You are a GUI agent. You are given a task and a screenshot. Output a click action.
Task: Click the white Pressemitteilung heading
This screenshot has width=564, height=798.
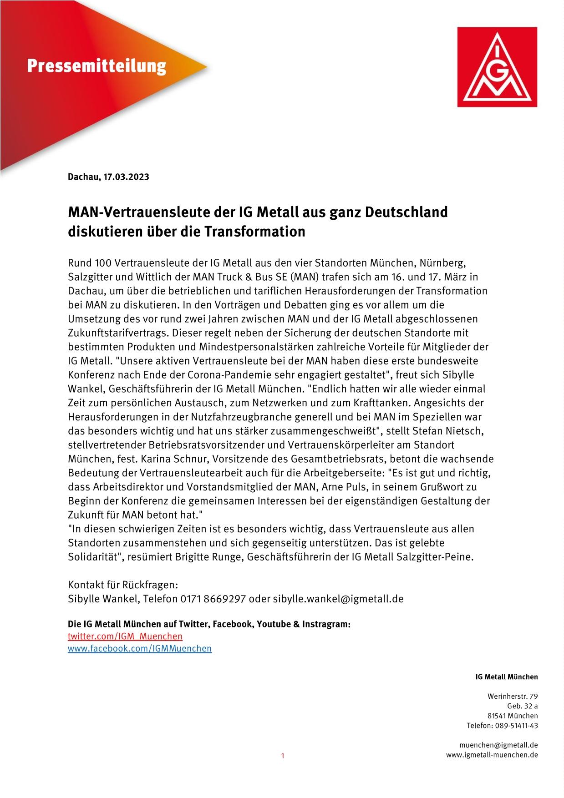(x=97, y=66)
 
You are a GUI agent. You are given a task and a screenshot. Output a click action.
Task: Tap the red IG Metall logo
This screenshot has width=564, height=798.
(x=497, y=67)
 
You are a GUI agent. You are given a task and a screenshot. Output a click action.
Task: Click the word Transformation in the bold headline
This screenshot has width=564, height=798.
(x=254, y=232)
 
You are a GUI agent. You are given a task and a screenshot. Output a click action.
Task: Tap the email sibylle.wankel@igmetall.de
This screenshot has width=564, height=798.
(x=338, y=599)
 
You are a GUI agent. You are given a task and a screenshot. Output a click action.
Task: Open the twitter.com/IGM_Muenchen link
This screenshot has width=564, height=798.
(x=125, y=636)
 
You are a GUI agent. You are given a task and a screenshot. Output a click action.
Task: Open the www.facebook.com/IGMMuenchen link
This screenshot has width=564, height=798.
(x=140, y=648)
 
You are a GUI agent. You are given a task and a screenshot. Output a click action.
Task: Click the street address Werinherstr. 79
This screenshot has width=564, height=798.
(x=513, y=696)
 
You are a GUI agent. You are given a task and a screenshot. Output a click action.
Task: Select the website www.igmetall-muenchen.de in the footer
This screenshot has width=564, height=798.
(x=492, y=755)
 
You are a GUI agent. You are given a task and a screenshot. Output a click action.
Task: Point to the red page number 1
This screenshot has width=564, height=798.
(x=282, y=756)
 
